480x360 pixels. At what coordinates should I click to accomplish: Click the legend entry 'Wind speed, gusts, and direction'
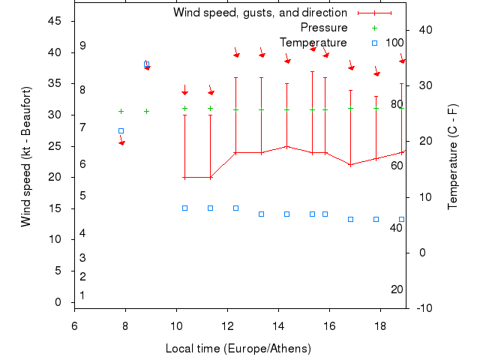click(x=259, y=13)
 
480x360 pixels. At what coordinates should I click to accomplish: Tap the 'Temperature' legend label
click(x=313, y=43)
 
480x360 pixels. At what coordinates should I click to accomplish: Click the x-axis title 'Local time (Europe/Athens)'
click(x=238, y=349)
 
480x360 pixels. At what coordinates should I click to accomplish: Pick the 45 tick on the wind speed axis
click(x=55, y=21)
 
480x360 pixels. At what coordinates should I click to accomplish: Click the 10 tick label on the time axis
click(x=176, y=325)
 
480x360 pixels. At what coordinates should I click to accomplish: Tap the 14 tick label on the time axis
click(x=278, y=325)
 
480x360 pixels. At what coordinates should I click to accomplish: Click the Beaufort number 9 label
click(x=82, y=46)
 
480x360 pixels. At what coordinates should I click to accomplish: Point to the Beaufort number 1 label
click(x=82, y=295)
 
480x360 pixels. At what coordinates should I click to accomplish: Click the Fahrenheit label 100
click(x=394, y=43)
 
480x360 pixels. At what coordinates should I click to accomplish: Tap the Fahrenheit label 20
click(x=397, y=289)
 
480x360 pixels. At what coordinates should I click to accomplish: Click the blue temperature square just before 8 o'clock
click(x=121, y=130)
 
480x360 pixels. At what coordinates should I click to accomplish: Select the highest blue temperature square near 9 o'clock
click(x=146, y=64)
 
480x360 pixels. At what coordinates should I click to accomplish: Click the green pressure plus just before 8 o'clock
click(x=121, y=111)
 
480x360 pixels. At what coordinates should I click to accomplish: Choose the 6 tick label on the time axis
click(x=74, y=325)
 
